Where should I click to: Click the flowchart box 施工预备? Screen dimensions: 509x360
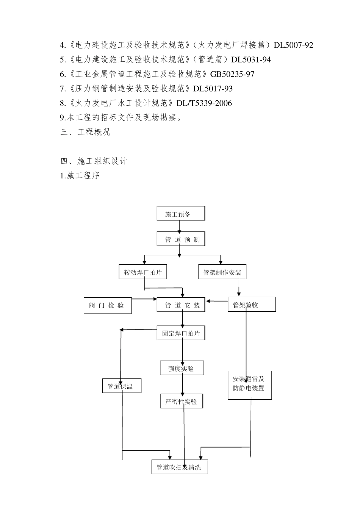[x=181, y=214]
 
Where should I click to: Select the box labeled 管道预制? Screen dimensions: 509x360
[x=181, y=239]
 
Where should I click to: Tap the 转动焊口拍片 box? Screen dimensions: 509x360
[x=142, y=272]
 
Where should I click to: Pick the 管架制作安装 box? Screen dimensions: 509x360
[x=222, y=272]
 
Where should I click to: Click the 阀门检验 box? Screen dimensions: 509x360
[x=107, y=305]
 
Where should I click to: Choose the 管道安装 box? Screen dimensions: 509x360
[x=181, y=305]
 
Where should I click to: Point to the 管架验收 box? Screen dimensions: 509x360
[x=251, y=304]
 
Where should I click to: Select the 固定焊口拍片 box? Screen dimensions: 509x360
[x=181, y=334]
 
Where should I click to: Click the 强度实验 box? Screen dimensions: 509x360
[x=182, y=368]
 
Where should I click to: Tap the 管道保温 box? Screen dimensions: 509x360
[x=122, y=386]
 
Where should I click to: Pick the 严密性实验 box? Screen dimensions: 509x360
[x=182, y=401]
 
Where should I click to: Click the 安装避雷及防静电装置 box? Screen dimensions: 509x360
[x=249, y=384]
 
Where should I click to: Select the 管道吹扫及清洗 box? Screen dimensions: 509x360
[x=179, y=467]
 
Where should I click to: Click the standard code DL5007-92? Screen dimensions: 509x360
[x=293, y=45]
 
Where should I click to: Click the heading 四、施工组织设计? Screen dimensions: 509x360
[x=94, y=161]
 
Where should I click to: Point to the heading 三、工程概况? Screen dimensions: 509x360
[x=85, y=132]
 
